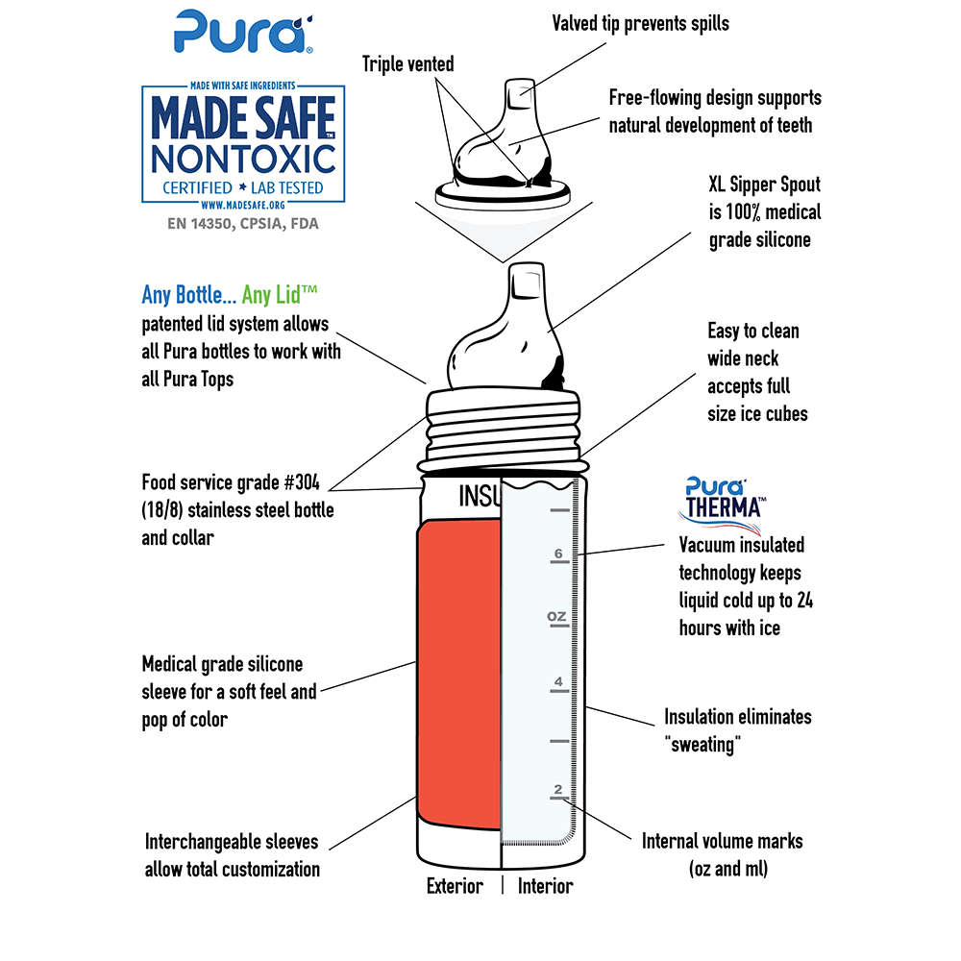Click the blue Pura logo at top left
pyautogui.click(x=243, y=32)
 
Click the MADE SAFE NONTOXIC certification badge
pyautogui.click(x=243, y=145)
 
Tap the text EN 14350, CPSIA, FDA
pyautogui.click(x=243, y=224)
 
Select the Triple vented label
pyautogui.click(x=407, y=63)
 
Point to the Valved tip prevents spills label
pyautogui.click(x=640, y=24)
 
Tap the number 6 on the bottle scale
pyautogui.click(x=558, y=554)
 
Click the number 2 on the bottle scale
pyautogui.click(x=557, y=789)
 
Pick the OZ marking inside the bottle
pyautogui.click(x=556, y=616)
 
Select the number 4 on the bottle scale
pyautogui.click(x=558, y=681)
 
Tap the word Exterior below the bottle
pyautogui.click(x=455, y=886)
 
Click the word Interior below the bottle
pyautogui.click(x=546, y=886)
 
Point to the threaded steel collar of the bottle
pyautogui.click(x=503, y=429)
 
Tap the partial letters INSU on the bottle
pyautogui.click(x=480, y=496)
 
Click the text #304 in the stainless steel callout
pyautogui.click(x=302, y=482)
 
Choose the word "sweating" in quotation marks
pyautogui.click(x=702, y=745)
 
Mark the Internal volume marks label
pyautogui.click(x=722, y=842)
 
